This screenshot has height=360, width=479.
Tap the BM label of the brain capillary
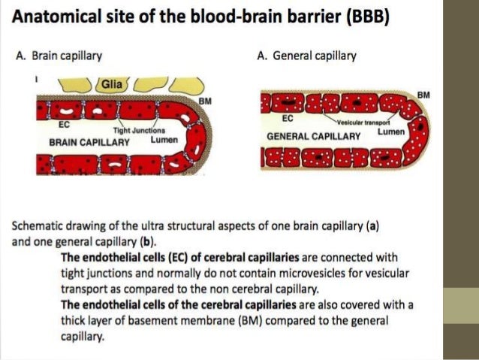(204, 101)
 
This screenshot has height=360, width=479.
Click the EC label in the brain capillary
(64, 124)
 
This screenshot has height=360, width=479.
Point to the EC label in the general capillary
(288, 118)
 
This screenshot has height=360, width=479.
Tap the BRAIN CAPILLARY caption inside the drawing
(89, 141)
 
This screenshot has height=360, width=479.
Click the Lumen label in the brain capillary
(164, 140)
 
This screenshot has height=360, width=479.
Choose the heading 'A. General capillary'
(306, 55)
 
